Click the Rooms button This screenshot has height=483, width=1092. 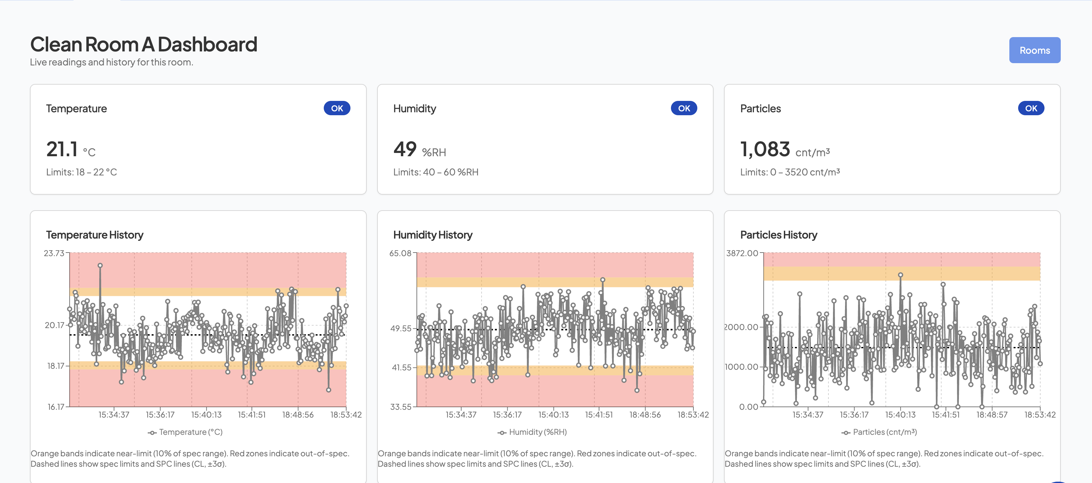pos(1034,50)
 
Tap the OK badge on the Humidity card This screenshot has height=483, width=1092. pos(683,108)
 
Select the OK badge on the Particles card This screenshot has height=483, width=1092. pos(1031,108)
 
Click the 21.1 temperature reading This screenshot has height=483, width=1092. pos(62,149)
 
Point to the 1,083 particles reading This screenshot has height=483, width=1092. pos(765,149)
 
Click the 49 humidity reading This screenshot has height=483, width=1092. pos(405,149)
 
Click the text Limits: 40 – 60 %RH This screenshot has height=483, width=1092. pos(435,172)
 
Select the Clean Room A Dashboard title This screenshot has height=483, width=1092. pos(143,45)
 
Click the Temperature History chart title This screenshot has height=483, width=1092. pos(95,235)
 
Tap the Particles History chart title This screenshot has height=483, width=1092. pos(778,235)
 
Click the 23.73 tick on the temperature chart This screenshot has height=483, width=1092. pos(54,253)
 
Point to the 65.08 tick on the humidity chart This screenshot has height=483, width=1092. pos(400,253)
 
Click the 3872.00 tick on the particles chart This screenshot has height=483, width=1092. pos(742,253)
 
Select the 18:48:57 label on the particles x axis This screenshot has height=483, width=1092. pos(991,415)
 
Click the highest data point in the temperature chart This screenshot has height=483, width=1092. pos(100,266)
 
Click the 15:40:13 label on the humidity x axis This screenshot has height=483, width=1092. pos(553,415)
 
